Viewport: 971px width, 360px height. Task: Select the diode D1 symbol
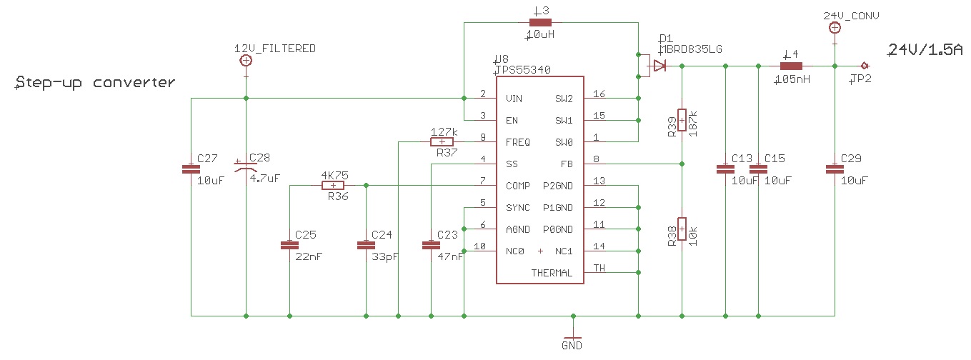659,66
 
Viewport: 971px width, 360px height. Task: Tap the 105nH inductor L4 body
791,66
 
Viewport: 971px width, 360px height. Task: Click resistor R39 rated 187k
682,120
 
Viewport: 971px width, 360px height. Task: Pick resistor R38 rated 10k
682,229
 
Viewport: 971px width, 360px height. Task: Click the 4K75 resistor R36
334,186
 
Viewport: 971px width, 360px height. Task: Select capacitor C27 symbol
191,169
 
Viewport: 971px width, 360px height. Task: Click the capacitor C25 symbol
289,245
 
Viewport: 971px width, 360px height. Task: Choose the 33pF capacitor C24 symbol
366,245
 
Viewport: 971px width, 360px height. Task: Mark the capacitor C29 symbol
834,169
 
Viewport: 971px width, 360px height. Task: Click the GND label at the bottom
572,346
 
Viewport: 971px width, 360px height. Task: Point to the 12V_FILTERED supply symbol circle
246,61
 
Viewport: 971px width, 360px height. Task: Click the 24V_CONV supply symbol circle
834,28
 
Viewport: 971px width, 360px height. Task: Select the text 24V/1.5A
924,49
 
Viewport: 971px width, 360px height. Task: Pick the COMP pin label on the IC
517,186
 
